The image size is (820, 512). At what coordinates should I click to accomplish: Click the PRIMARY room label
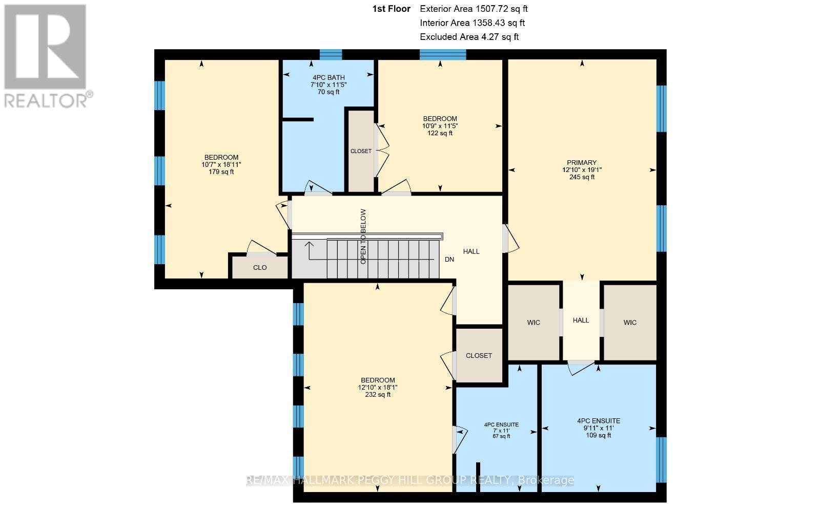tap(582, 163)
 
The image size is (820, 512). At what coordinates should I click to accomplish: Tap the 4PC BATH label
tap(329, 77)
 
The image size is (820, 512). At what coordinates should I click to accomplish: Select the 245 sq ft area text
tap(582, 177)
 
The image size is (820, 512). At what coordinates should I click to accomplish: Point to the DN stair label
tap(449, 259)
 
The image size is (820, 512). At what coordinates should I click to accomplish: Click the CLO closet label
tap(260, 268)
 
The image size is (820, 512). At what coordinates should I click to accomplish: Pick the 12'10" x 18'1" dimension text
tap(378, 387)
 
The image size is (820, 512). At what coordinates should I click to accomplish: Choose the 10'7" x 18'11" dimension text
tap(221, 164)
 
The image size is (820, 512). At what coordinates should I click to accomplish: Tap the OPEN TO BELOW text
tap(363, 236)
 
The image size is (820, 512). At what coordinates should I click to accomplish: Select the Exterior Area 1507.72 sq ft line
tap(474, 9)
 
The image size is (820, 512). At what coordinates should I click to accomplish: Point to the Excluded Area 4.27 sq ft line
tap(469, 37)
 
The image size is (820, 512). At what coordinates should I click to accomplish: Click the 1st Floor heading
tap(392, 9)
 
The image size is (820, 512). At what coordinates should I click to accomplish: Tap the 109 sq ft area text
tap(598, 435)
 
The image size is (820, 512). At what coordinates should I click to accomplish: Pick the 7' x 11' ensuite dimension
tap(501, 431)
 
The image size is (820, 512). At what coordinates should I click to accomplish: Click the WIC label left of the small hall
tap(534, 323)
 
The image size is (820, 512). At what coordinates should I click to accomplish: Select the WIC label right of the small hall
tap(630, 323)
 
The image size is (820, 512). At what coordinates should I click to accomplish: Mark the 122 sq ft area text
tap(440, 133)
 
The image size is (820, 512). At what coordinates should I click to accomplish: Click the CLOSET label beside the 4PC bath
tap(361, 151)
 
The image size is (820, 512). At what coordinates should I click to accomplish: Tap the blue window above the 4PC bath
tap(331, 54)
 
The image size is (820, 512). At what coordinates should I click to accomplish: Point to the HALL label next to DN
tap(471, 251)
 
